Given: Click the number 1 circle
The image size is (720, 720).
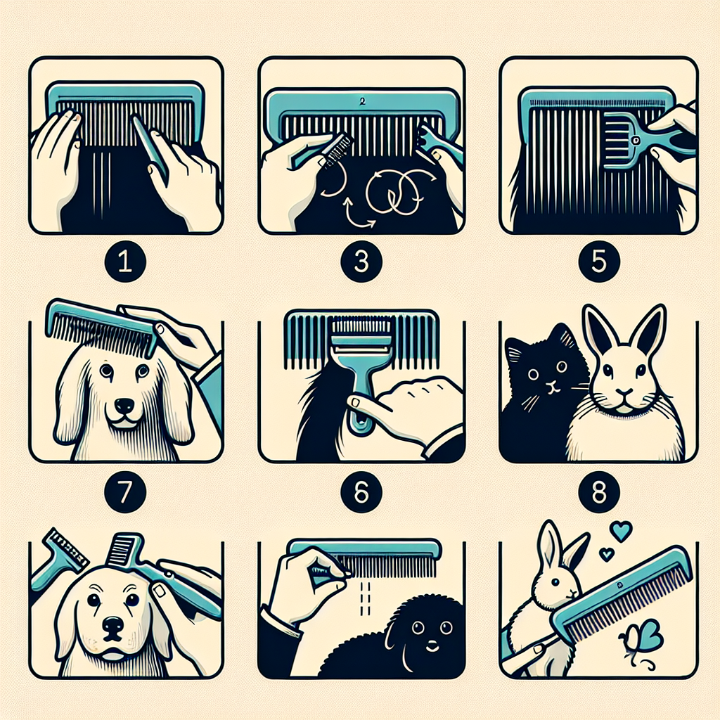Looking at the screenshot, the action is [x=125, y=262].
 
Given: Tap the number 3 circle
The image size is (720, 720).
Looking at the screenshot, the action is [x=361, y=262].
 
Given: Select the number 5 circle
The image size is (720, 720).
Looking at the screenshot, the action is [x=599, y=262].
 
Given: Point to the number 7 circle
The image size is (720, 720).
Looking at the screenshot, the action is [x=125, y=493].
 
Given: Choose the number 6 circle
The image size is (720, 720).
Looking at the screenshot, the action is [x=361, y=493].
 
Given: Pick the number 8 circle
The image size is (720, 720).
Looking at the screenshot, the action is [x=599, y=493].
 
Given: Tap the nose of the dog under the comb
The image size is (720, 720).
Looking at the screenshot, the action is [x=124, y=405].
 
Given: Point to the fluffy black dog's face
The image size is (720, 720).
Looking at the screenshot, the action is [x=430, y=630].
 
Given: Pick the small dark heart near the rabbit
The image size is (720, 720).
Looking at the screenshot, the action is [x=607, y=555].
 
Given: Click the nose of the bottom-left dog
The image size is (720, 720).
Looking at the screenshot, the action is [x=113, y=625].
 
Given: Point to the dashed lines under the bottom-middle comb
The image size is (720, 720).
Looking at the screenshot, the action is [x=366, y=598].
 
